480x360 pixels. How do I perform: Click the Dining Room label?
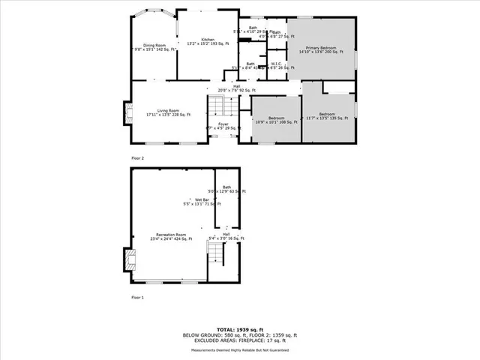154,46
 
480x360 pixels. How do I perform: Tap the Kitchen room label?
208,41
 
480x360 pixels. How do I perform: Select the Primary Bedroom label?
321,49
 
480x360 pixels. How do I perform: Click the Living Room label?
169,112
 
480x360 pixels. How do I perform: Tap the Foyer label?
223,126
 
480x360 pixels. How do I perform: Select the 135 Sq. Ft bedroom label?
327,116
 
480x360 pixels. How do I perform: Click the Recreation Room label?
169,237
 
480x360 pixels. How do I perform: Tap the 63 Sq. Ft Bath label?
226,189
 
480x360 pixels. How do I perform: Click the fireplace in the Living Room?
125,112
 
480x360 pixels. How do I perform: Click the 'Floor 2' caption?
137,158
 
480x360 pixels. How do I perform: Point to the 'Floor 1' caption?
137,298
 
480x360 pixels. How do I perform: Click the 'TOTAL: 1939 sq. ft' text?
240,329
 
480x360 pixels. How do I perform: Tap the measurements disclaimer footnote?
240,349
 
